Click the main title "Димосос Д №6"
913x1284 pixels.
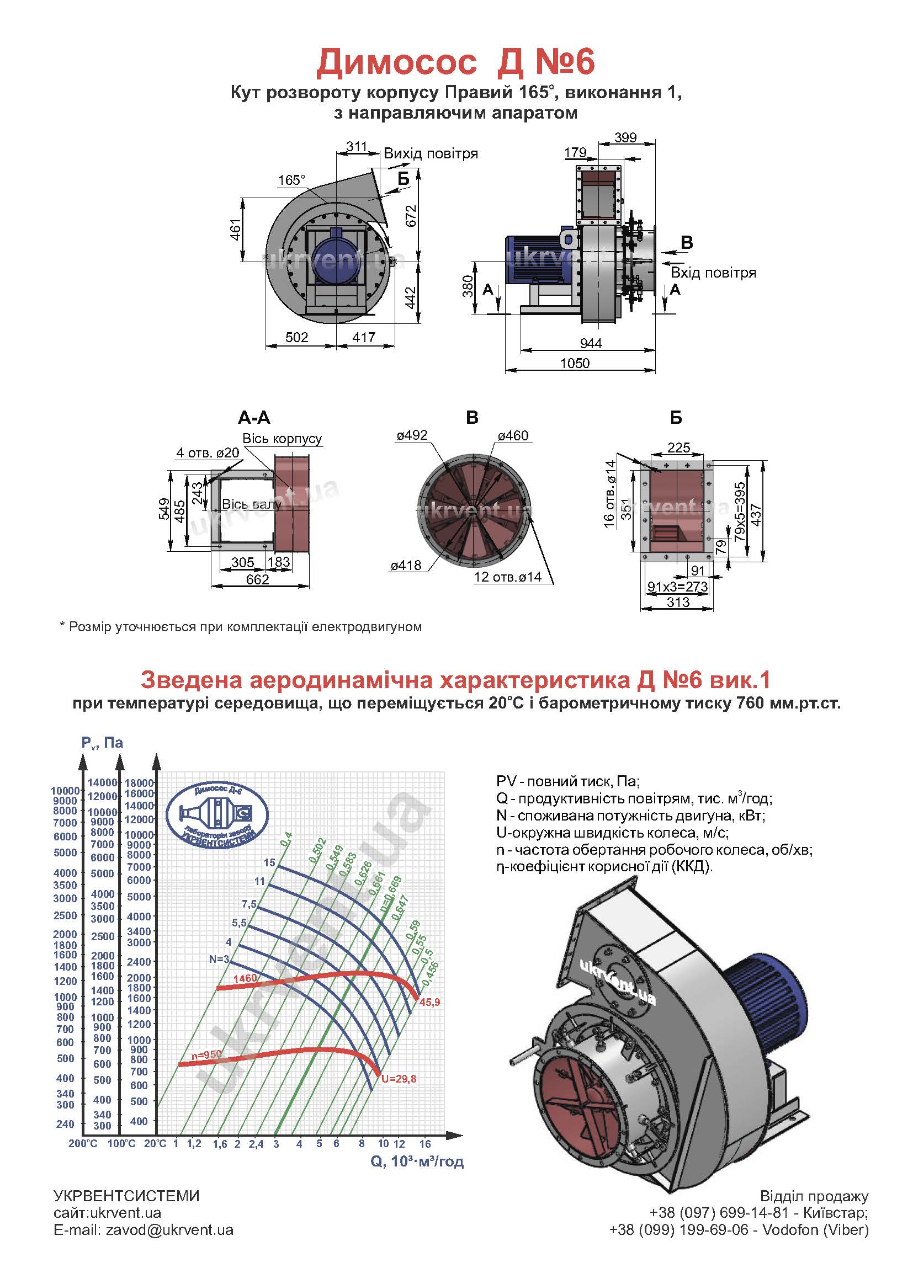point(455,62)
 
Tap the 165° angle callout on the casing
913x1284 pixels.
point(291,180)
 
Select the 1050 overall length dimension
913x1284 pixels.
point(575,363)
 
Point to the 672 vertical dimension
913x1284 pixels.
point(411,216)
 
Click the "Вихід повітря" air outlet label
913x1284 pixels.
point(431,154)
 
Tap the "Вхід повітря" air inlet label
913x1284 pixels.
point(713,273)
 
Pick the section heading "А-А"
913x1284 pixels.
point(254,418)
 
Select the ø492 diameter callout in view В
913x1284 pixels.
point(412,435)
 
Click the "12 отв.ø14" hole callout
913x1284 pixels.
point(507,577)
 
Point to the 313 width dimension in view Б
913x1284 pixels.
point(678,602)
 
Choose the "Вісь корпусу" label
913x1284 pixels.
point(282,438)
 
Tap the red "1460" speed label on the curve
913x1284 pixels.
point(245,978)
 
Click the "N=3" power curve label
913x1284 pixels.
point(219,959)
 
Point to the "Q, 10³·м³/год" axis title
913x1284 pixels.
point(417,1161)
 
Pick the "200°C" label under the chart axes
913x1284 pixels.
point(83,1143)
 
